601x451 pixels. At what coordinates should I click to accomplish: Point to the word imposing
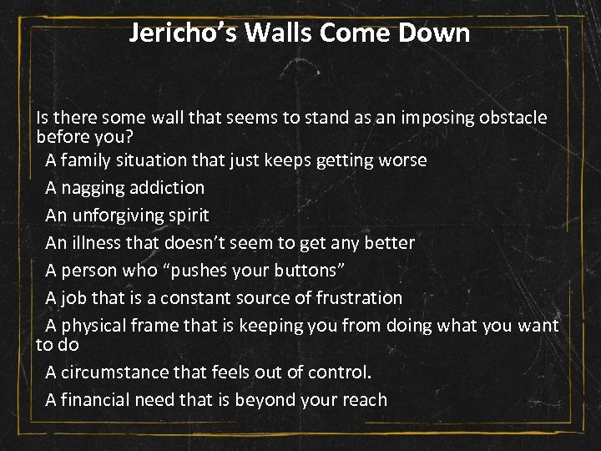pos(436,118)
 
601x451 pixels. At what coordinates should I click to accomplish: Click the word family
pos(91,160)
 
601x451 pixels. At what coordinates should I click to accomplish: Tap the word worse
pos(402,160)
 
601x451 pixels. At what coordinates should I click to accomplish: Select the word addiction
pos(164,187)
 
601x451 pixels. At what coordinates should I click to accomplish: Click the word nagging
pos(90,188)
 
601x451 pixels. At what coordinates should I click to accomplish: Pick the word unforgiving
pos(117,215)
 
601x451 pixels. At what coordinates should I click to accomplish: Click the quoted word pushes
pos(192,271)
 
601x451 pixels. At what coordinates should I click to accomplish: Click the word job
pos(74,297)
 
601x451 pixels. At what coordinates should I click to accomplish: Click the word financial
pos(97,399)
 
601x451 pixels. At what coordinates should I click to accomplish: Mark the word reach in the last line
pos(366,399)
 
